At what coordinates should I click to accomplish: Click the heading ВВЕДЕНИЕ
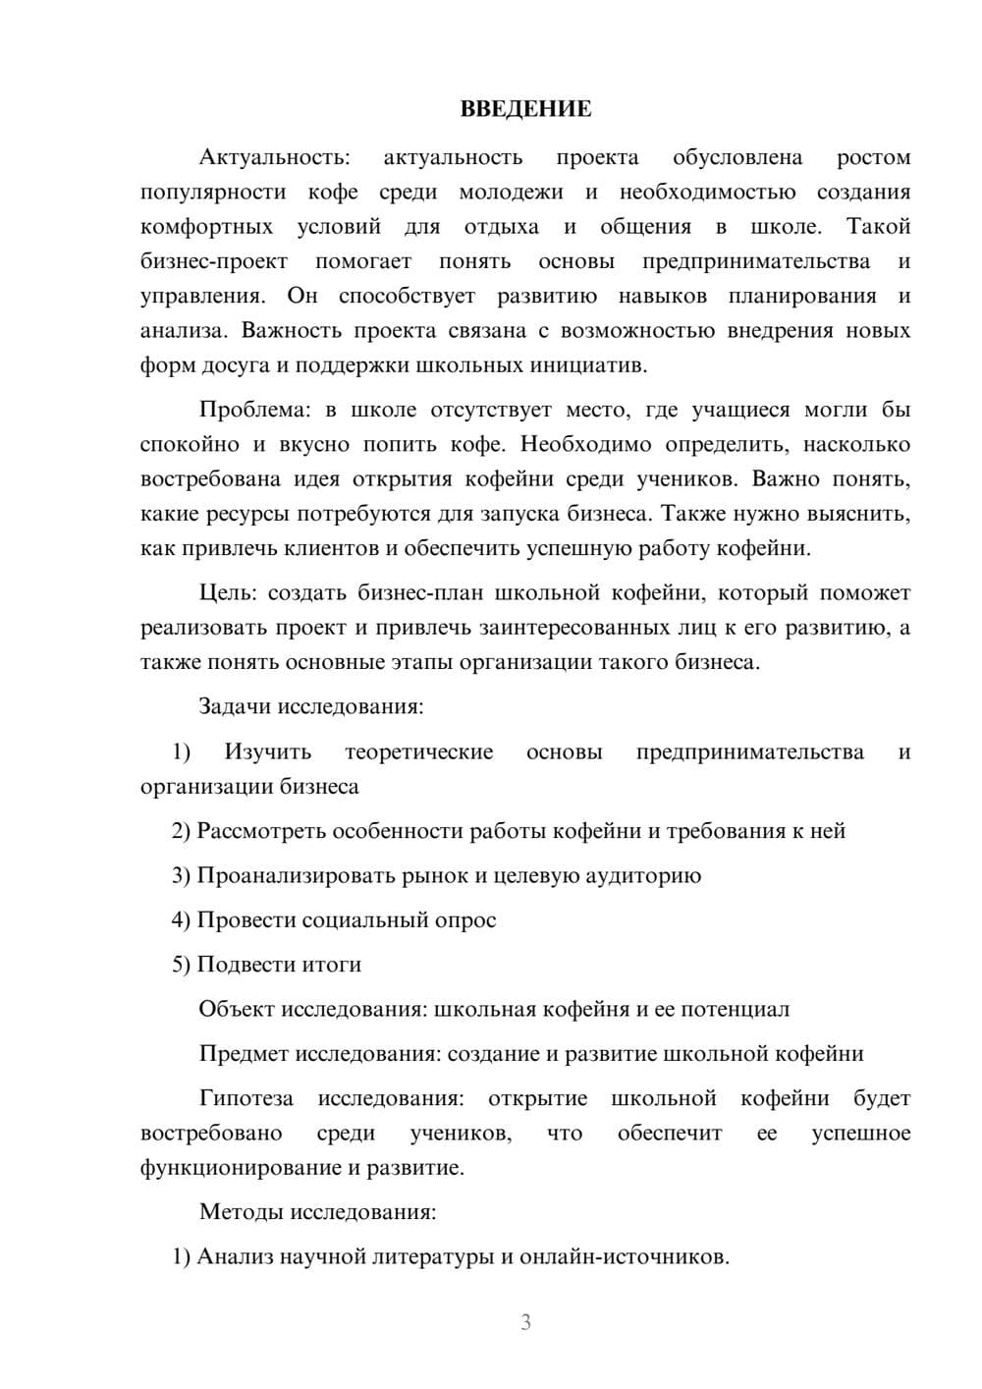(x=525, y=109)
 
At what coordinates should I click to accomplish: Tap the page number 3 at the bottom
(x=525, y=1322)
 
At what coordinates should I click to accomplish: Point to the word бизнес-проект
(x=214, y=261)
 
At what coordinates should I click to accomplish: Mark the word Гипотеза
(x=245, y=1098)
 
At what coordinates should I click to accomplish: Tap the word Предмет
(x=244, y=1054)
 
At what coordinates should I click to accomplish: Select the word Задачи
(x=235, y=706)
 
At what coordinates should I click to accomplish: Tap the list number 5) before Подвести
(x=181, y=965)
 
